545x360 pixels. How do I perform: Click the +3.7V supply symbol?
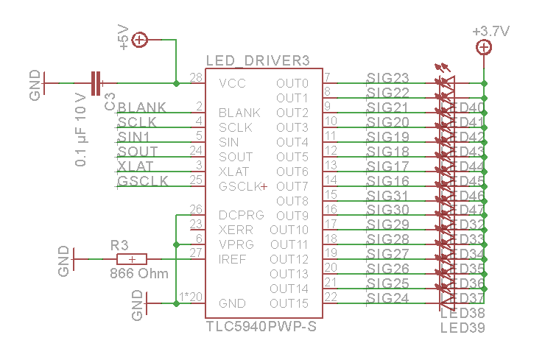pos(484,48)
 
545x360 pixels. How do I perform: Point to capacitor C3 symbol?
pos(96,82)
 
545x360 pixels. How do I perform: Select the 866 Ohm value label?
pos(139,273)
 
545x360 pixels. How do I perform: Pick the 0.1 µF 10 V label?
pos(81,130)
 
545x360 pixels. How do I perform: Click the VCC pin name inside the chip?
pos(232,82)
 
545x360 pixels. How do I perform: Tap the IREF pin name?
pos(232,259)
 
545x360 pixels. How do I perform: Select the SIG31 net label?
pos(387,196)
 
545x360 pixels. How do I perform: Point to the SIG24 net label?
pos(387,298)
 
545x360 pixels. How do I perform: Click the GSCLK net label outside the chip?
pos(143,181)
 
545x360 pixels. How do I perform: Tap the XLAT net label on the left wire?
pos(136,166)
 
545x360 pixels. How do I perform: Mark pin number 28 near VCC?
pos(196,77)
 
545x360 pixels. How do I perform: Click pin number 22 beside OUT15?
pos(331,297)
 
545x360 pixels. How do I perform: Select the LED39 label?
pos(462,328)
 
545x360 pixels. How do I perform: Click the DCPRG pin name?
pos(241,215)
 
